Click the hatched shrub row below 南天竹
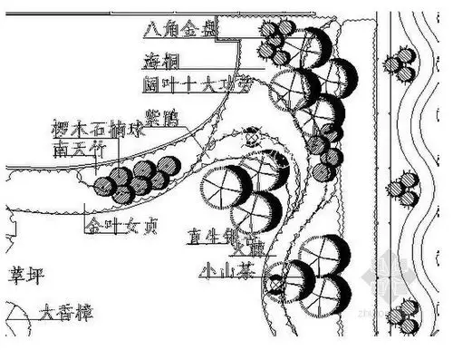(x=136, y=179)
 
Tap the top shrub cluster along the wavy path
(x=400, y=63)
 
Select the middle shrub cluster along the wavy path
(x=401, y=190)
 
